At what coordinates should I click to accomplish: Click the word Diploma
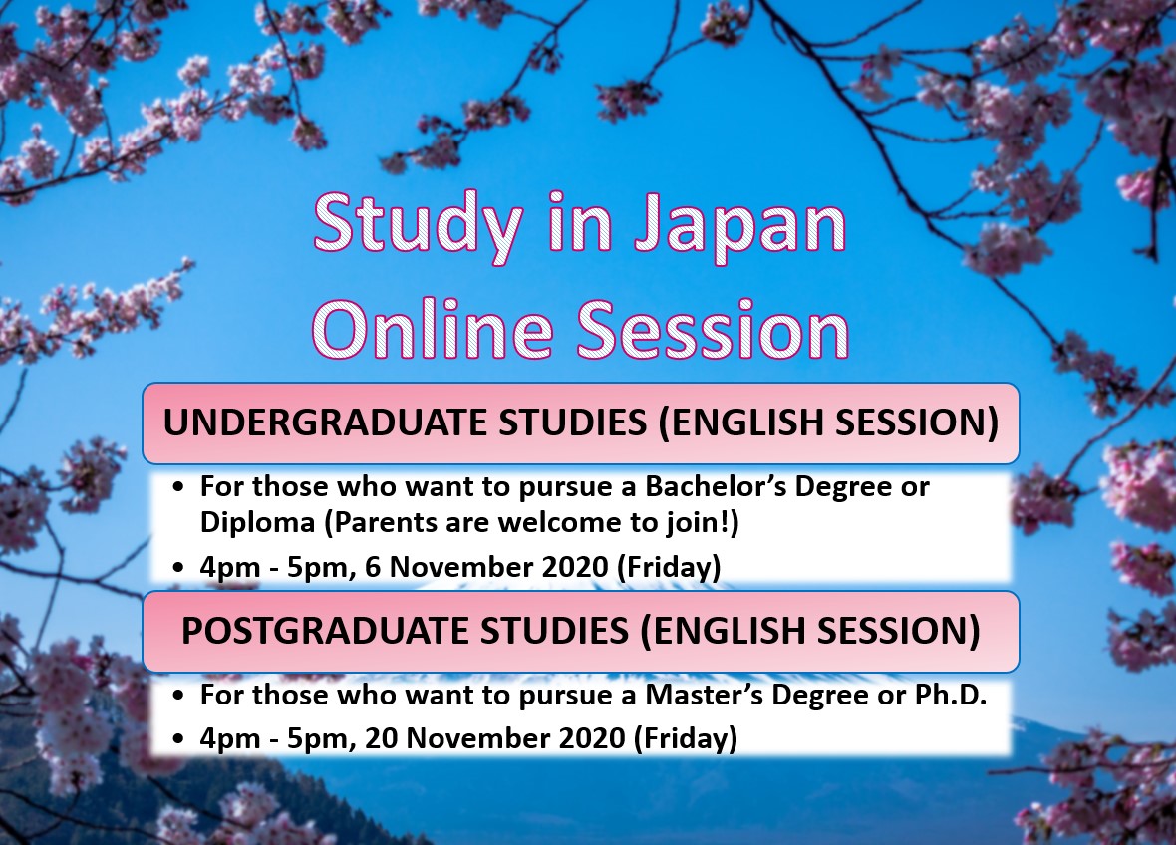coord(257,522)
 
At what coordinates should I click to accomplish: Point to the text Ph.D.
coord(950,696)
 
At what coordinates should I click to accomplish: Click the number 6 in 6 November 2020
coord(373,567)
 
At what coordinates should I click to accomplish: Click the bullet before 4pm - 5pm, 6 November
coord(177,568)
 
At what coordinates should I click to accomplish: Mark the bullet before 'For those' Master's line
coord(177,696)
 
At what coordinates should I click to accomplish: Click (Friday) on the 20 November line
coord(686,738)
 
